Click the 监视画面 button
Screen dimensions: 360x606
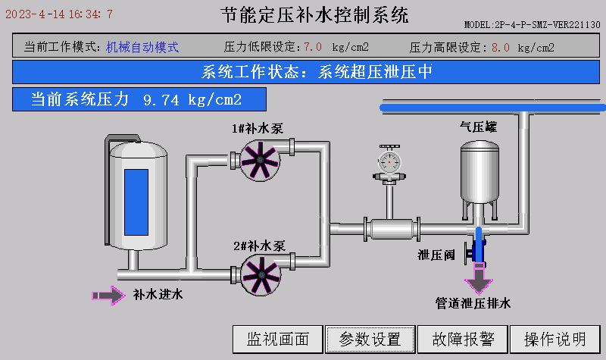tap(278, 339)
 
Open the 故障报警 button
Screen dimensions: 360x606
tap(463, 339)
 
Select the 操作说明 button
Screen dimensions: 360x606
tap(555, 339)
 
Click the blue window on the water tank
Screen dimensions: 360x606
tap(136, 201)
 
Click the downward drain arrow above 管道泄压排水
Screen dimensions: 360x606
tap(478, 281)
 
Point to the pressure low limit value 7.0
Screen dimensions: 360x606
tap(313, 47)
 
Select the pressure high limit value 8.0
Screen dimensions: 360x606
tap(500, 47)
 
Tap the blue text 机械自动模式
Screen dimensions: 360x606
tap(142, 47)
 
